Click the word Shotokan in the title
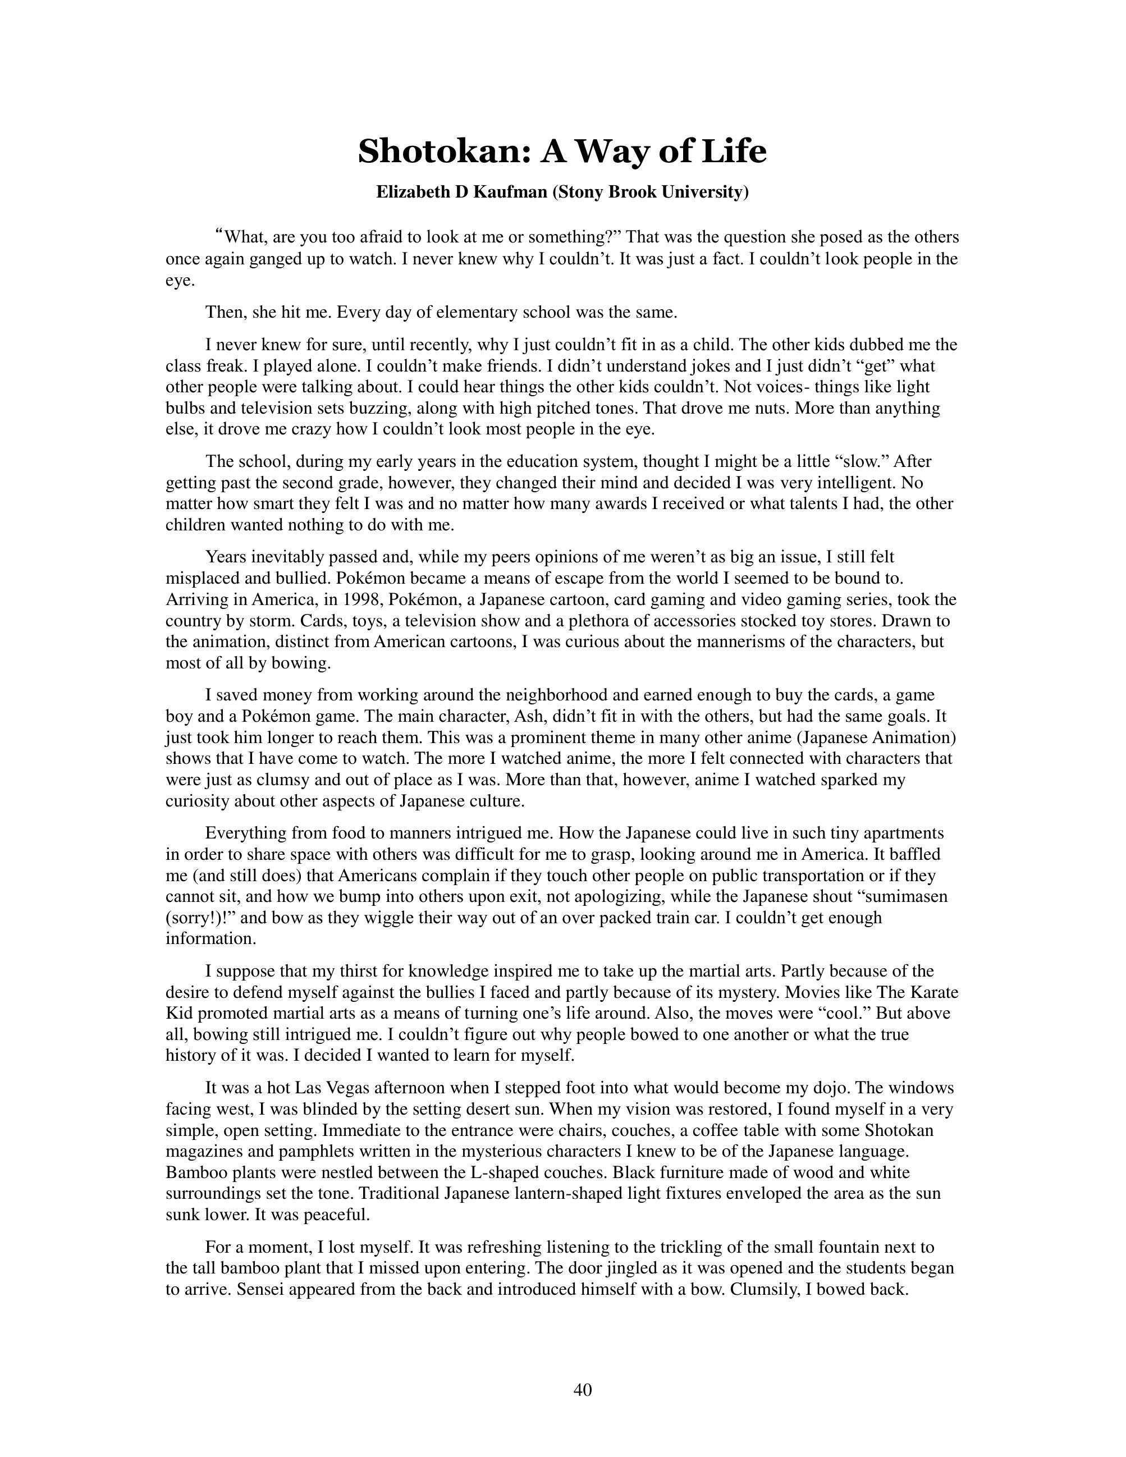pyautogui.click(x=443, y=152)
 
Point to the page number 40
pyautogui.click(x=582, y=1390)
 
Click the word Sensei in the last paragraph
pyautogui.click(x=261, y=1289)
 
